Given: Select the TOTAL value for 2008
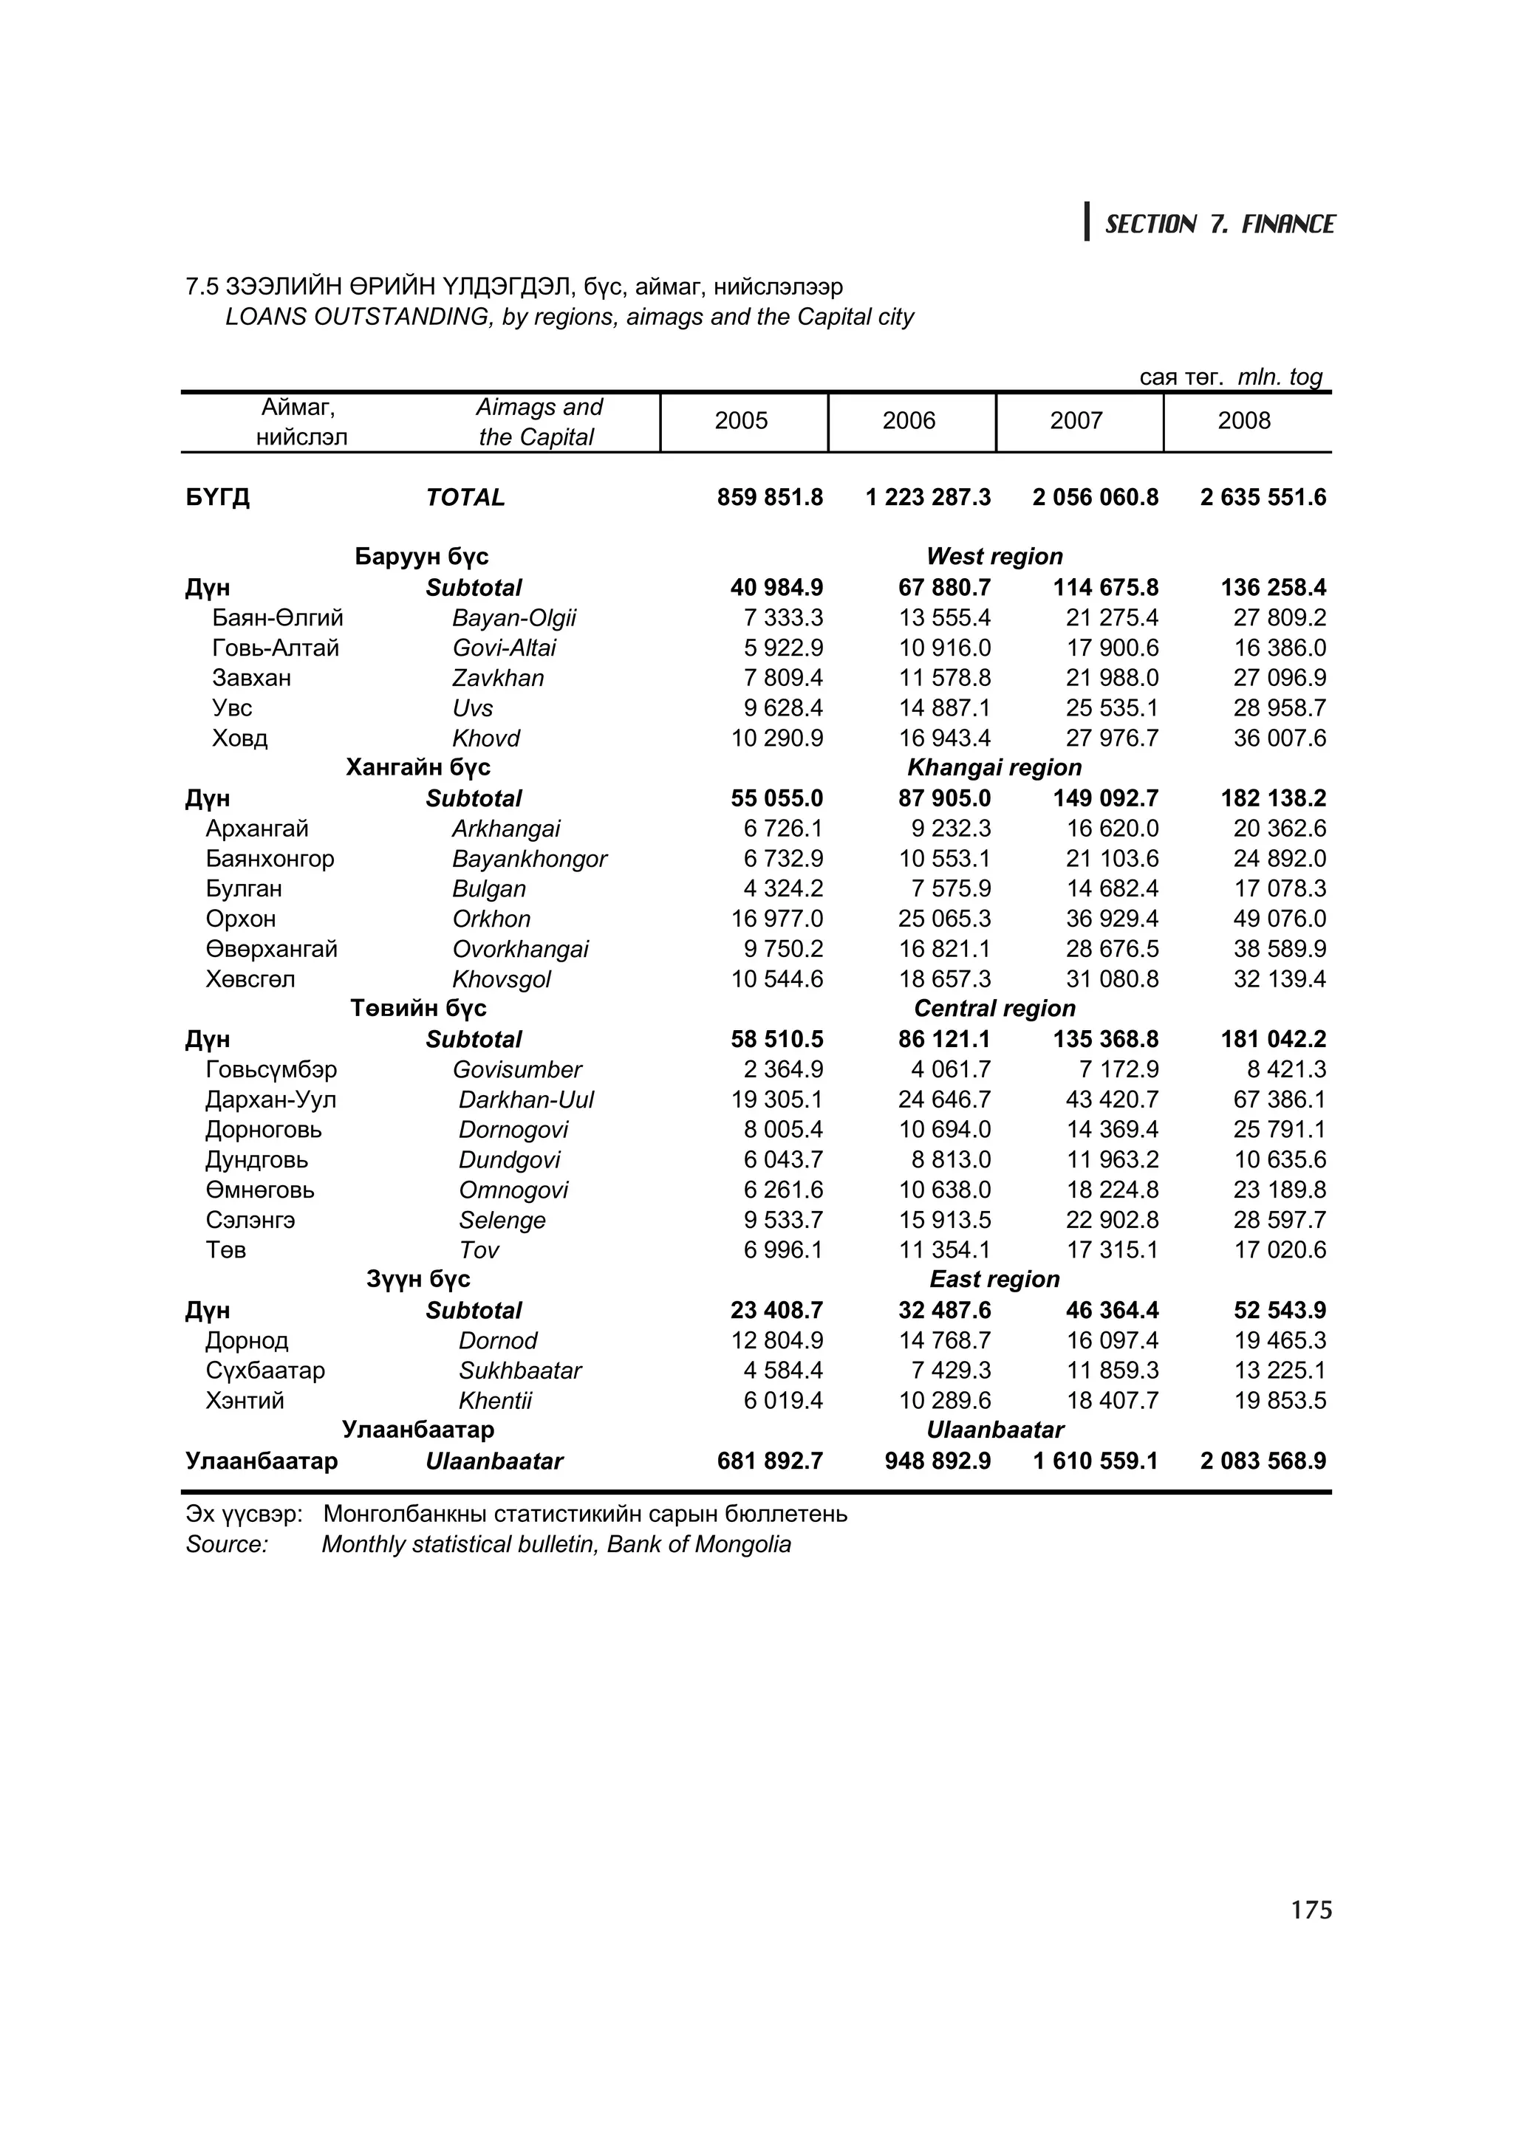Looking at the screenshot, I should pyautogui.click(x=1263, y=498).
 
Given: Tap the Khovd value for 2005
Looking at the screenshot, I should pyautogui.click(x=776, y=738).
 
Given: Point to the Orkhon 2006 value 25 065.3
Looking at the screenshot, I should pyautogui.click(x=943, y=919).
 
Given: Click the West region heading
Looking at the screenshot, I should pyautogui.click(x=994, y=557).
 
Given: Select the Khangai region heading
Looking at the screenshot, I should pyautogui.click(x=994, y=767).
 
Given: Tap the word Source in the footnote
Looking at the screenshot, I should pyautogui.click(x=227, y=1544).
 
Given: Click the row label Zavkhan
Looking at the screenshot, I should pyautogui.click(x=497, y=678).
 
